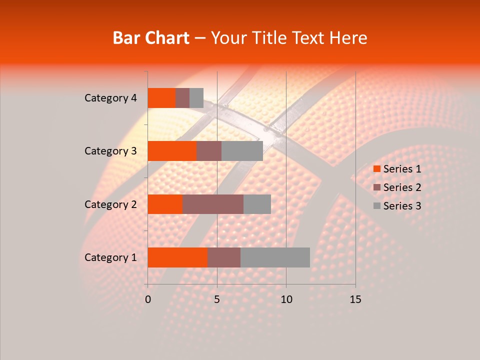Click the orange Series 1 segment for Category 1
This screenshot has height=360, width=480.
(177, 257)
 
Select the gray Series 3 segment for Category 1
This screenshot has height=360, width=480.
(275, 257)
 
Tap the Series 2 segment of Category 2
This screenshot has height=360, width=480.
(213, 204)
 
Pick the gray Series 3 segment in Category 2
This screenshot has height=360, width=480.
(257, 204)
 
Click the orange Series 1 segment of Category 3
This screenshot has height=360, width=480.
(172, 151)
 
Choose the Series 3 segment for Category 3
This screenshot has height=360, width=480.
(242, 151)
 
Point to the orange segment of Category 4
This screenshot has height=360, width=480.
(161, 98)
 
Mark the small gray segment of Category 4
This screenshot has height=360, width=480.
(196, 98)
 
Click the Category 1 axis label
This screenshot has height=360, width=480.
(110, 257)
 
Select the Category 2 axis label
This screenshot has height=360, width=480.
(110, 204)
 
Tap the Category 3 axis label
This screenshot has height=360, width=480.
(110, 151)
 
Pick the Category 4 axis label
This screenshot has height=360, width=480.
(110, 98)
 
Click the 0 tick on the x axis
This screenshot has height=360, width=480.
(148, 299)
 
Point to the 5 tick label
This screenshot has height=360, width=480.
(217, 299)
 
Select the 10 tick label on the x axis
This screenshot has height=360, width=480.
(286, 299)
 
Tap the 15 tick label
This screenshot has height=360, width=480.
(355, 299)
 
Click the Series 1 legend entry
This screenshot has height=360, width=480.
(397, 169)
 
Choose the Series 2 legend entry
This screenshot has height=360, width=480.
(397, 187)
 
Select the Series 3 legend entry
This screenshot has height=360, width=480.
(397, 206)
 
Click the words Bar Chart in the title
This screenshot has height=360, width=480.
(151, 37)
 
